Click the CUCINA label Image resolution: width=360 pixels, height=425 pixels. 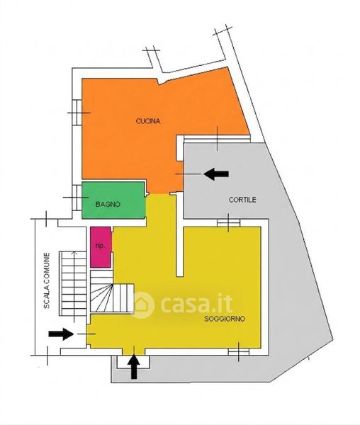tap(147, 121)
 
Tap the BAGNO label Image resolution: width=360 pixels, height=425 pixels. tap(108, 204)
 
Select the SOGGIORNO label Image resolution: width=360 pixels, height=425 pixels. tap(225, 319)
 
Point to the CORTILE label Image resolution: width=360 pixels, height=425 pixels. tap(242, 200)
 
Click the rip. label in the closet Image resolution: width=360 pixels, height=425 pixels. tap(100, 246)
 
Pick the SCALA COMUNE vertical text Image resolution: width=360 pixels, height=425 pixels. tap(47, 280)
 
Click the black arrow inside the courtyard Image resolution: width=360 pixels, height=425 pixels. tap(216, 174)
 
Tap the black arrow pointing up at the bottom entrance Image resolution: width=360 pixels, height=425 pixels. tap(135, 366)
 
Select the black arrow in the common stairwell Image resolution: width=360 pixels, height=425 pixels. tap(61, 334)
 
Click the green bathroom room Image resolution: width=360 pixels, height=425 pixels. tap(114, 200)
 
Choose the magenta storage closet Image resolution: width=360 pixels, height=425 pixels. tap(101, 247)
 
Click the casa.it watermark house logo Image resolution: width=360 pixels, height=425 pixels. tap(143, 305)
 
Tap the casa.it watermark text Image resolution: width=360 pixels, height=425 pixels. tap(196, 304)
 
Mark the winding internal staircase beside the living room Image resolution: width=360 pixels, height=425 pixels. tap(112, 292)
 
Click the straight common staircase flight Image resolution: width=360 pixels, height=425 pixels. tap(73, 283)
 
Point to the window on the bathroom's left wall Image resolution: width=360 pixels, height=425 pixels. tap(77, 198)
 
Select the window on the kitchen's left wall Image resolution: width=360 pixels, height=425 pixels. tap(77, 112)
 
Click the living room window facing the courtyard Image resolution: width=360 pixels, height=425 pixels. tap(228, 223)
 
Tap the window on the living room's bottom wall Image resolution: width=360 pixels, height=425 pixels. tap(239, 352)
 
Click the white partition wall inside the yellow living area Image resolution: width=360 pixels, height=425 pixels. tap(179, 234)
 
